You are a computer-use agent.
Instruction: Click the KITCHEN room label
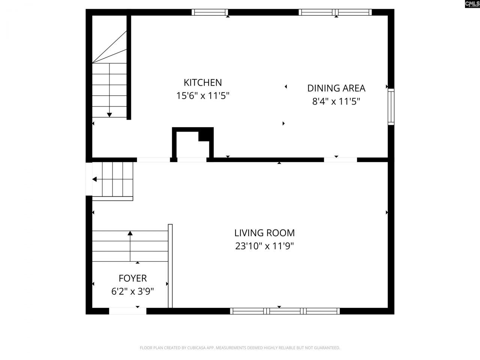202,82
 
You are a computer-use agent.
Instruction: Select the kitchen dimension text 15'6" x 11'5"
202,96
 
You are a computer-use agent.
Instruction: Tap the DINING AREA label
336,88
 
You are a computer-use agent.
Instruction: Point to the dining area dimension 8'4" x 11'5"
336,101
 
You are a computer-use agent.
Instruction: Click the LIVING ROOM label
264,233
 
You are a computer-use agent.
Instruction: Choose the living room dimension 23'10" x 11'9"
264,246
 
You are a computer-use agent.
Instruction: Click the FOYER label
132,278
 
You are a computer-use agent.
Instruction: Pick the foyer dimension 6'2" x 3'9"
132,291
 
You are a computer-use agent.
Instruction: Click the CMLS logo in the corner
472,4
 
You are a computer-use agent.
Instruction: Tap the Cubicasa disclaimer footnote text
240,348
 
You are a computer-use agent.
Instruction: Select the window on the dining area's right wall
391,107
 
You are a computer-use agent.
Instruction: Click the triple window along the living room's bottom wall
285,311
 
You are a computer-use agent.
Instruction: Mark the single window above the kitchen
210,12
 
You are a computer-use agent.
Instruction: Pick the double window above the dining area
335,12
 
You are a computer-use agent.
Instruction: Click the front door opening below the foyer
127,311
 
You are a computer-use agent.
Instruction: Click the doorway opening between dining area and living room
340,160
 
